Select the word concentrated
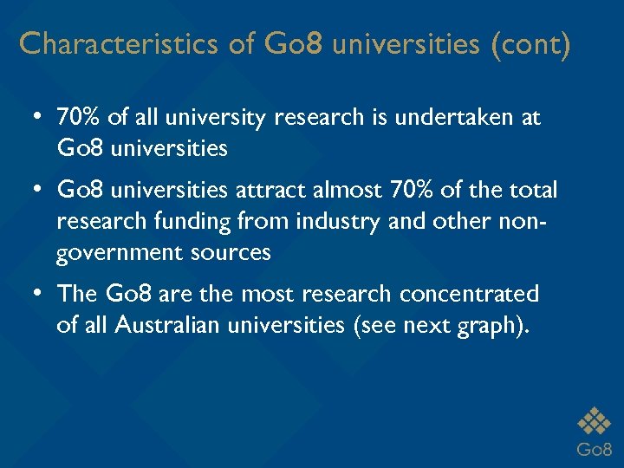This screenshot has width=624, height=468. pyautogui.click(x=470, y=295)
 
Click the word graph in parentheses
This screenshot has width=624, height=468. pyautogui.click(x=480, y=327)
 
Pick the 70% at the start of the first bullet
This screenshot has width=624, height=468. pyautogui.click(x=78, y=117)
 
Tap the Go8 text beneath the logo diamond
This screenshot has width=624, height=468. pyautogui.click(x=594, y=449)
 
